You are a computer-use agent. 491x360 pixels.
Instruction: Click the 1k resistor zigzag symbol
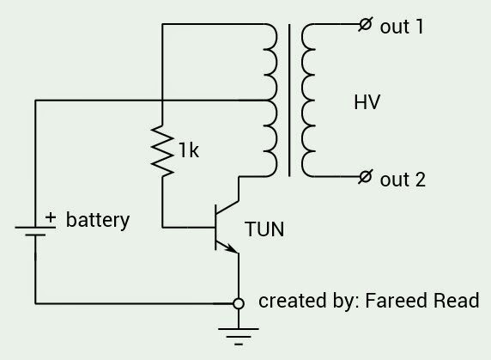(162, 150)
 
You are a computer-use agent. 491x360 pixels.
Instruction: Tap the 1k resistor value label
(189, 150)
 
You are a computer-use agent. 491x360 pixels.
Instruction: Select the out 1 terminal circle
(366, 24)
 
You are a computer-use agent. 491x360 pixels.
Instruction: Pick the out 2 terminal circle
(366, 177)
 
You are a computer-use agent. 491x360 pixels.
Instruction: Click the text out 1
(402, 27)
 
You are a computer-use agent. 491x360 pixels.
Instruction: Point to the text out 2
(403, 180)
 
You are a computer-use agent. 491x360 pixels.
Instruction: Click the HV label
(367, 102)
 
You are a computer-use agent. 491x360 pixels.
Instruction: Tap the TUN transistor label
(264, 229)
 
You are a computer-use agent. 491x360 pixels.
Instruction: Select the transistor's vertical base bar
(215, 228)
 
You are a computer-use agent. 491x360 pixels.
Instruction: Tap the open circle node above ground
(239, 303)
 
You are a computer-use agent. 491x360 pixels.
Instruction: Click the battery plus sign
(51, 217)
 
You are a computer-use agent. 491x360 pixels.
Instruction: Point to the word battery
(98, 220)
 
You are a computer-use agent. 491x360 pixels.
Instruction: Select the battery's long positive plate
(35, 227)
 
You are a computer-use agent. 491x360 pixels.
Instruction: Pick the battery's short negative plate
(35, 235)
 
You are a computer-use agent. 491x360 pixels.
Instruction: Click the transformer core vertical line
(289, 101)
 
